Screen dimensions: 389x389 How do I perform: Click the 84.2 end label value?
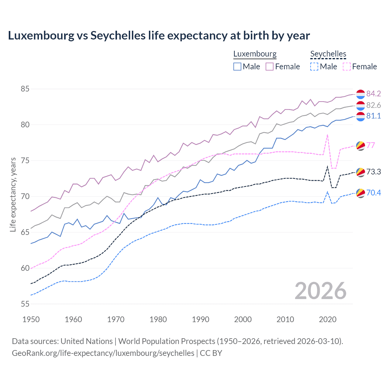click(374, 94)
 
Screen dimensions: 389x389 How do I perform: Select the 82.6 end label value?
click(374, 105)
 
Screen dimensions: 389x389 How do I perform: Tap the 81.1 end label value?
click(374, 116)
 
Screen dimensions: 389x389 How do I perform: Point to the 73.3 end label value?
click(374, 172)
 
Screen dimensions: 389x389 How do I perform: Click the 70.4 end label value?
click(374, 193)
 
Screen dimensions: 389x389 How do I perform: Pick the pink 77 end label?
click(371, 145)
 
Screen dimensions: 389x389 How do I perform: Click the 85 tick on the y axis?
click(25, 89)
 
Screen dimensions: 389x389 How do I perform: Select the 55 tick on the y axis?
click(25, 304)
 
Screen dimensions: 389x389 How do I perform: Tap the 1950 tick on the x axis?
click(31, 319)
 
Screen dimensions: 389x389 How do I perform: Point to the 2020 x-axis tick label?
click(328, 319)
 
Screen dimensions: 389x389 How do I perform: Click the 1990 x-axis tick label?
click(201, 319)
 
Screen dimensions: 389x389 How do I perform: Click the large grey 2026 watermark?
click(321, 291)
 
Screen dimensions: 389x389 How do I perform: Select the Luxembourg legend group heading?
click(255, 54)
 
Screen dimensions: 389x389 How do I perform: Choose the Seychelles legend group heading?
click(328, 54)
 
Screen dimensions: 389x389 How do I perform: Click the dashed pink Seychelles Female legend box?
click(347, 67)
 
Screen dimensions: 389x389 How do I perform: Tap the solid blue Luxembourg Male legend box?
click(237, 67)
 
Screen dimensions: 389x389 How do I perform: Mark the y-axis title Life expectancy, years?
click(13, 194)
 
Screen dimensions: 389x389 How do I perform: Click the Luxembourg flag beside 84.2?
click(360, 94)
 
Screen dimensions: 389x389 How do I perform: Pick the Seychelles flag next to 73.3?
click(360, 172)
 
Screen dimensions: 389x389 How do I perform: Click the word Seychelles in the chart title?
click(118, 36)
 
